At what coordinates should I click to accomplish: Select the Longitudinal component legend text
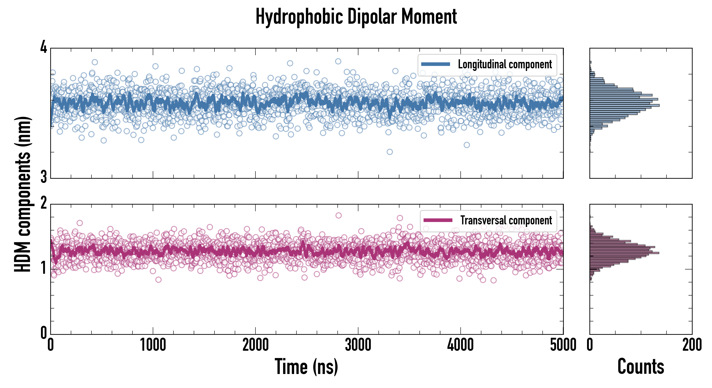[x=505, y=64]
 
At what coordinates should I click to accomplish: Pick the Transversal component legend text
[x=506, y=220]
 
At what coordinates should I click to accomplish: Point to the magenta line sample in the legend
[x=438, y=220]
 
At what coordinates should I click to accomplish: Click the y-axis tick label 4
[x=44, y=47]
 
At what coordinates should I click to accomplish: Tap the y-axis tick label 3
[x=44, y=177]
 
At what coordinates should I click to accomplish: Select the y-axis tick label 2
[x=44, y=203]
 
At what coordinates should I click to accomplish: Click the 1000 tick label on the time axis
[x=153, y=345]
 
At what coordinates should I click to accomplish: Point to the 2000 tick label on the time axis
[x=255, y=345]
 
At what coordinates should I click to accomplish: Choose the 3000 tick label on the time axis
[x=358, y=345]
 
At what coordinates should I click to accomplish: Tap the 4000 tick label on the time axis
[x=460, y=345]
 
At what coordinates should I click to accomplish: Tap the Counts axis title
[x=641, y=367]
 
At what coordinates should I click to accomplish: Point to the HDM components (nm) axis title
[x=23, y=194]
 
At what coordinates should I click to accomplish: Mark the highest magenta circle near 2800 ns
[x=338, y=215]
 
